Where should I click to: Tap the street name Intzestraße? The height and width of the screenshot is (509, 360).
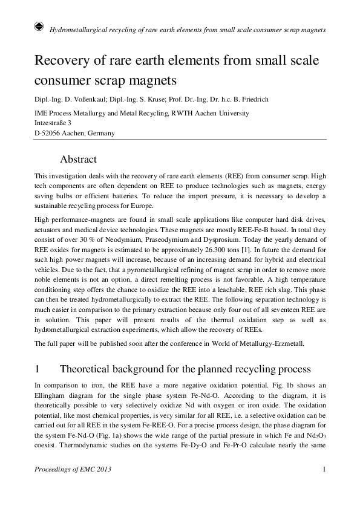point(53,123)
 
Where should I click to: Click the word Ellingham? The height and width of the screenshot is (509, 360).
point(52,395)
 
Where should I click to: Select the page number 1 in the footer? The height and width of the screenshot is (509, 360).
point(325,470)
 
